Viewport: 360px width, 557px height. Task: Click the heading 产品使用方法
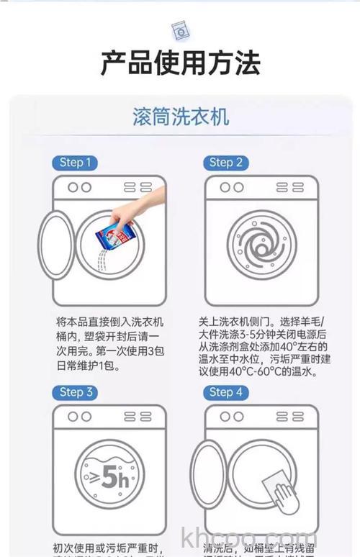coord(180,64)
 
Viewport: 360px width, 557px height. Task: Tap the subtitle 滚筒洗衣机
coord(181,117)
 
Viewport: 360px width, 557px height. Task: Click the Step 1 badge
coord(75,163)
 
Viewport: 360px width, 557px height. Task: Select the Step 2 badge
coord(225,163)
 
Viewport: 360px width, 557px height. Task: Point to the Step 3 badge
coord(75,392)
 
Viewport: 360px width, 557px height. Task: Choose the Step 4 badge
coord(225,392)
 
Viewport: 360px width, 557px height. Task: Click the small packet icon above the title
coord(180,30)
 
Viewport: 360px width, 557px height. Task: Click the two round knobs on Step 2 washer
coord(231,187)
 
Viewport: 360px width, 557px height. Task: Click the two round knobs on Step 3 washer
coord(79,417)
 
